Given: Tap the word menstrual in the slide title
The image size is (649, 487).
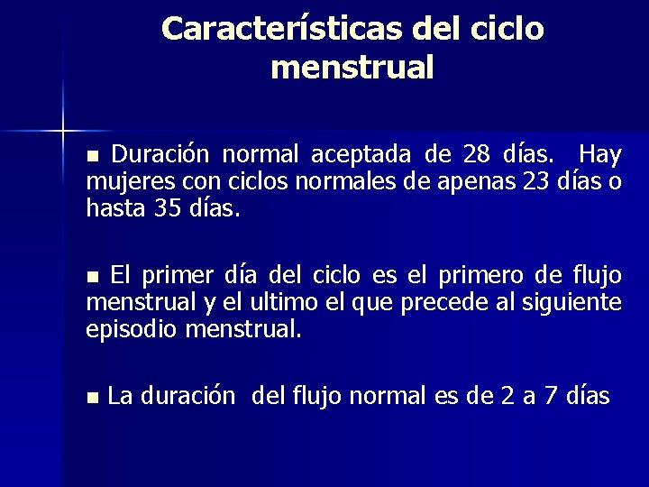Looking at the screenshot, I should [352, 68].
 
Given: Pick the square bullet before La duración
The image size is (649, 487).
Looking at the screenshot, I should [91, 397].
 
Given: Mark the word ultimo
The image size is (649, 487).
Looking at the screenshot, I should [283, 301].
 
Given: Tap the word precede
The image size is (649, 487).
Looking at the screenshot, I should [433, 302].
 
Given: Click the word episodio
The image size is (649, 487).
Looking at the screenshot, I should [131, 329].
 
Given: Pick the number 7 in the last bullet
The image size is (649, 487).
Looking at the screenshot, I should [549, 395].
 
